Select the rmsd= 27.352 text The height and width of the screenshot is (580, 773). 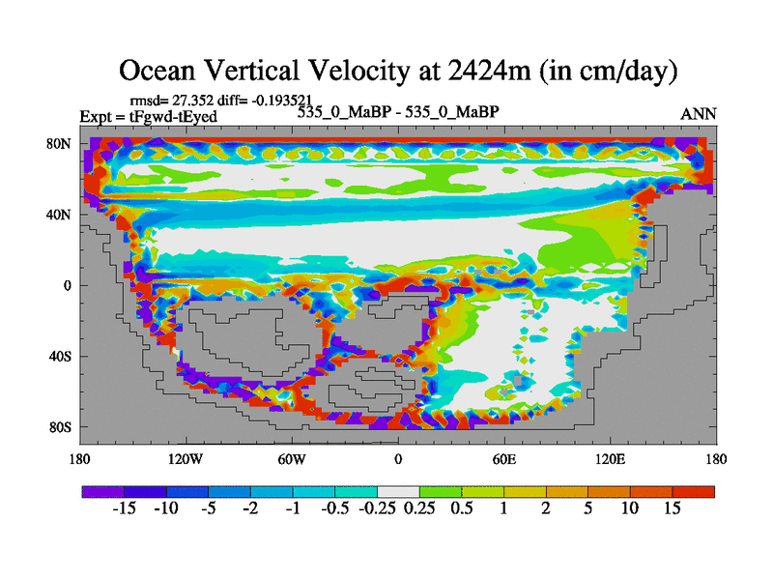tap(167, 101)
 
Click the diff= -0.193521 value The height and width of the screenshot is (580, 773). tap(262, 101)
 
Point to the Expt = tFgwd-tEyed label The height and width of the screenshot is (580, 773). tap(148, 116)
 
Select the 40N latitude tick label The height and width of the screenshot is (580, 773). tap(61, 215)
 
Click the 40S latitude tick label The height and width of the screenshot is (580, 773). tap(61, 356)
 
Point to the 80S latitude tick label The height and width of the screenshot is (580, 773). tap(61, 427)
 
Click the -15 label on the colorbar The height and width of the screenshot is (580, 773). tap(124, 508)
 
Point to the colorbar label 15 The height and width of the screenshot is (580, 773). tap(673, 508)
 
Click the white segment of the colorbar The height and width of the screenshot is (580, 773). tap(398, 491)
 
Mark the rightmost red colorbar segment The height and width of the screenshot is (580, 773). tap(694, 491)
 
